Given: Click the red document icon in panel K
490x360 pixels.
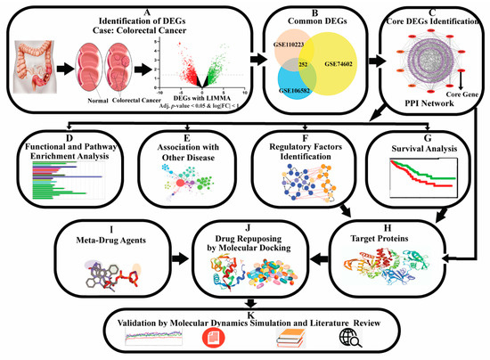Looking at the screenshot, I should [x=215, y=339].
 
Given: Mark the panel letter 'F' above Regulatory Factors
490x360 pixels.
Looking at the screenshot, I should [x=303, y=138].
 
